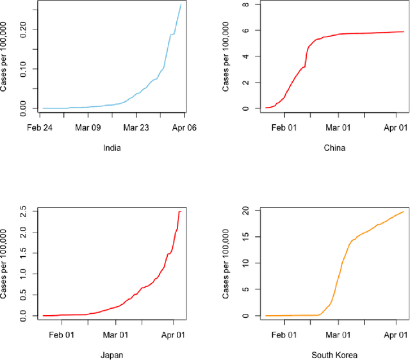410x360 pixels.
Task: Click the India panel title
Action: tap(113, 148)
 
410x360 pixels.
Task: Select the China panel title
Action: tap(334, 148)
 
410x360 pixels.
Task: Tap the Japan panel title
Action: tap(113, 354)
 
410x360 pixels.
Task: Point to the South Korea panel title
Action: tap(334, 354)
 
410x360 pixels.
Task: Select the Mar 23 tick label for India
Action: tap(136, 128)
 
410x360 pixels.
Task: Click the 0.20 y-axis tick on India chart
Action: tap(24, 29)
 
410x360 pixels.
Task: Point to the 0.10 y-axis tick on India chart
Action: tap(24, 69)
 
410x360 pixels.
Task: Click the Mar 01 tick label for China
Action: tap(340, 128)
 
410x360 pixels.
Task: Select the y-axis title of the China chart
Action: tap(227, 57)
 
